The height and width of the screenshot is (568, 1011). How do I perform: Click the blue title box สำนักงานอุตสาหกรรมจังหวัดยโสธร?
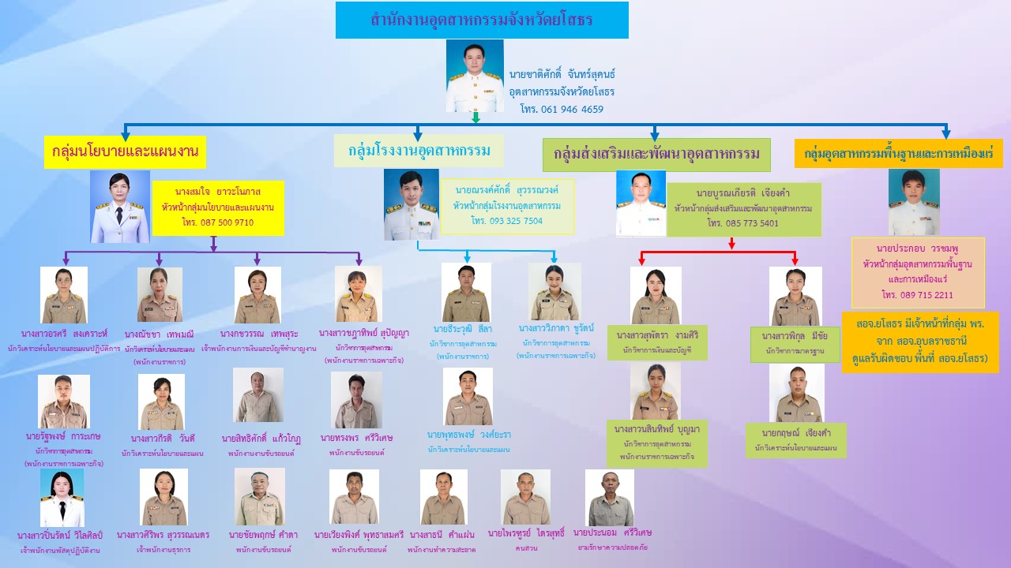coord(482,20)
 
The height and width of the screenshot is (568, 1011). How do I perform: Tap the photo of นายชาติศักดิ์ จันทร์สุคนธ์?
coord(474,76)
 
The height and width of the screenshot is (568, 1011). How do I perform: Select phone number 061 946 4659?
coord(562,109)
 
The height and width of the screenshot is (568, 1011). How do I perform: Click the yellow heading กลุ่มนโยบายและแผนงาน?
coord(125,151)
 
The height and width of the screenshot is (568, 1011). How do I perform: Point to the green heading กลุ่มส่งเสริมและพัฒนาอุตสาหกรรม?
coord(656,154)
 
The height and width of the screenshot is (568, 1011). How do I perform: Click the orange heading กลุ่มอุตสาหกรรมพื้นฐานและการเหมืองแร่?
coord(898,153)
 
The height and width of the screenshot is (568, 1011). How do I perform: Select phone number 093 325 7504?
coord(507,221)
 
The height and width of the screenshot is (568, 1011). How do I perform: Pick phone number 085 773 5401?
coord(742,223)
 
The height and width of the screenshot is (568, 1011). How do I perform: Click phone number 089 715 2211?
coord(917,295)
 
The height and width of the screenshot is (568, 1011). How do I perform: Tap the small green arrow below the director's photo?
coord(476,118)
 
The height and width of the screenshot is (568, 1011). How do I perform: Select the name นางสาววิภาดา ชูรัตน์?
coord(556,327)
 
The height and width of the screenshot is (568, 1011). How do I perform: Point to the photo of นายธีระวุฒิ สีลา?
coord(466,292)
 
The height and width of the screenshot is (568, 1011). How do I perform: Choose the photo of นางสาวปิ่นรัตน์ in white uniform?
coord(62,499)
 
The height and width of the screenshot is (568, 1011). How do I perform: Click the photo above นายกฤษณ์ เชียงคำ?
coord(796,392)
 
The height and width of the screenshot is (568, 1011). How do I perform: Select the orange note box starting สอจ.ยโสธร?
coord(919,342)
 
